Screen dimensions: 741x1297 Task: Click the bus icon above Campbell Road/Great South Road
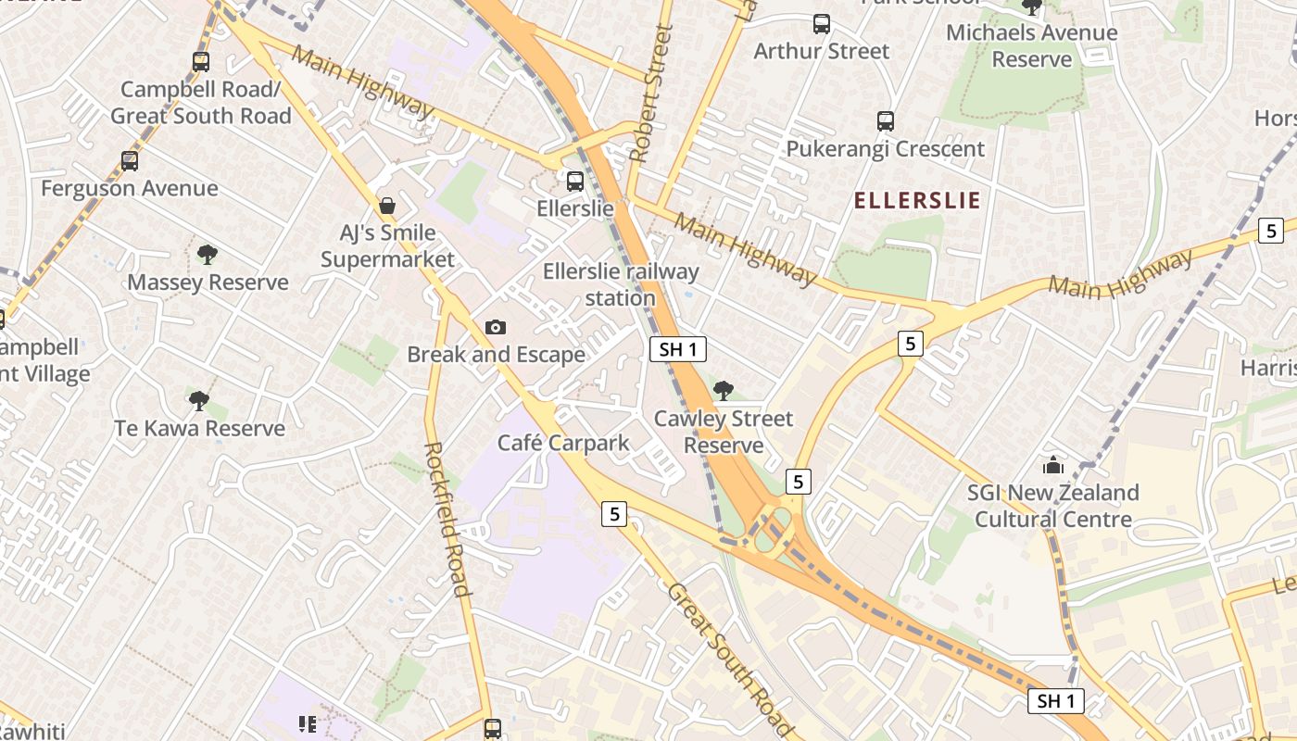pyautogui.click(x=201, y=62)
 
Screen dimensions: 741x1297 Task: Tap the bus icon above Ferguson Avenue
pyautogui.click(x=130, y=160)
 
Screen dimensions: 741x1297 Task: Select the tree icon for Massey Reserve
pyautogui.click(x=208, y=254)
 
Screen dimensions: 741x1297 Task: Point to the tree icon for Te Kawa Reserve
pyautogui.click(x=198, y=400)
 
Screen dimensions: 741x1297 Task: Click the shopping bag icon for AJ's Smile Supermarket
pyautogui.click(x=387, y=205)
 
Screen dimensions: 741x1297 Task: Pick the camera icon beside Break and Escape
pyautogui.click(x=496, y=327)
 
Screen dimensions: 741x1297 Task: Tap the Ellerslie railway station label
pyautogui.click(x=621, y=284)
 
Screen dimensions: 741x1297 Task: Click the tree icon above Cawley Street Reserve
pyautogui.click(x=724, y=390)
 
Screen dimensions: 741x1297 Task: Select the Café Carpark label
pyautogui.click(x=563, y=443)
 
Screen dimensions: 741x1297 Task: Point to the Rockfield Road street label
pyautogui.click(x=447, y=519)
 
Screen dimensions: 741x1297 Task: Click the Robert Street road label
pyautogui.click(x=651, y=93)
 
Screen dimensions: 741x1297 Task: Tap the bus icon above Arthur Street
pyautogui.click(x=821, y=24)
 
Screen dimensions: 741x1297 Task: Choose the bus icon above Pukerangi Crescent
pyautogui.click(x=886, y=120)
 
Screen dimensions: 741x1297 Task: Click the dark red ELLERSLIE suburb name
pyautogui.click(x=916, y=201)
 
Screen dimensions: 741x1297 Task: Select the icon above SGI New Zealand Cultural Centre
pyautogui.click(x=1052, y=464)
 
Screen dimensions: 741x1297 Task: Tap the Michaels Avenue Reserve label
pyautogui.click(x=1032, y=45)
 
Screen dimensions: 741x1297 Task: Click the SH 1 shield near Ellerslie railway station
pyautogui.click(x=678, y=349)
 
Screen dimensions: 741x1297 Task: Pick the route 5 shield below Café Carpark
pyautogui.click(x=614, y=513)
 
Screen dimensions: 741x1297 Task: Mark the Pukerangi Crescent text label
pyautogui.click(x=885, y=149)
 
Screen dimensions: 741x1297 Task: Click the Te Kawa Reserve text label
pyautogui.click(x=199, y=429)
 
